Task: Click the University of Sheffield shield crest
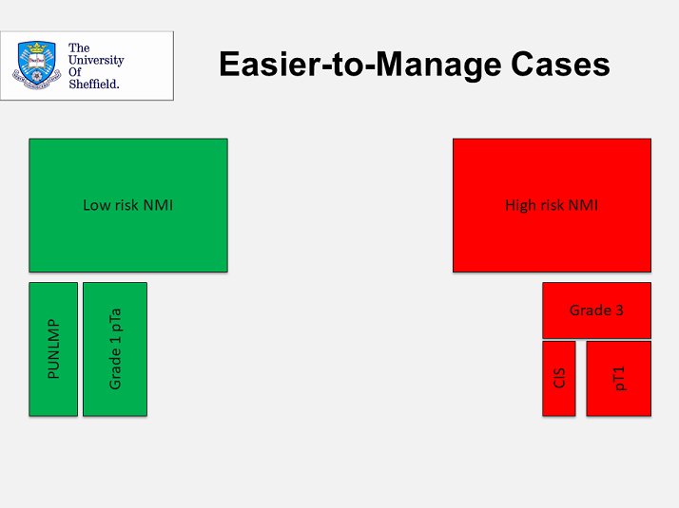[x=36, y=65]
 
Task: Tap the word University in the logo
[x=96, y=60]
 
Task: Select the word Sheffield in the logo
[x=93, y=84]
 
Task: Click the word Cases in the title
[x=560, y=65]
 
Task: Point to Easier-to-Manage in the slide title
[x=360, y=65]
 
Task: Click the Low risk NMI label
[x=128, y=205]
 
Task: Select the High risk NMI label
[x=552, y=205]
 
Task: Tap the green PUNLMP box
[x=53, y=349]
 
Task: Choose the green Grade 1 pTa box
[x=115, y=349]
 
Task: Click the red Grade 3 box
[x=596, y=310]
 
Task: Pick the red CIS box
[x=559, y=379]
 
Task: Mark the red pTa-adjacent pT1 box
[x=619, y=379]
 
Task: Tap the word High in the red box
[x=519, y=205]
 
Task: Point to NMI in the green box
[x=159, y=205]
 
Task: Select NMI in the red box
[x=584, y=205]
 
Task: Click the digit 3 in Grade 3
[x=619, y=310]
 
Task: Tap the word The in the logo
[x=79, y=47]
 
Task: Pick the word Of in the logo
[x=75, y=72]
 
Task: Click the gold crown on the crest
[x=37, y=47]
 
